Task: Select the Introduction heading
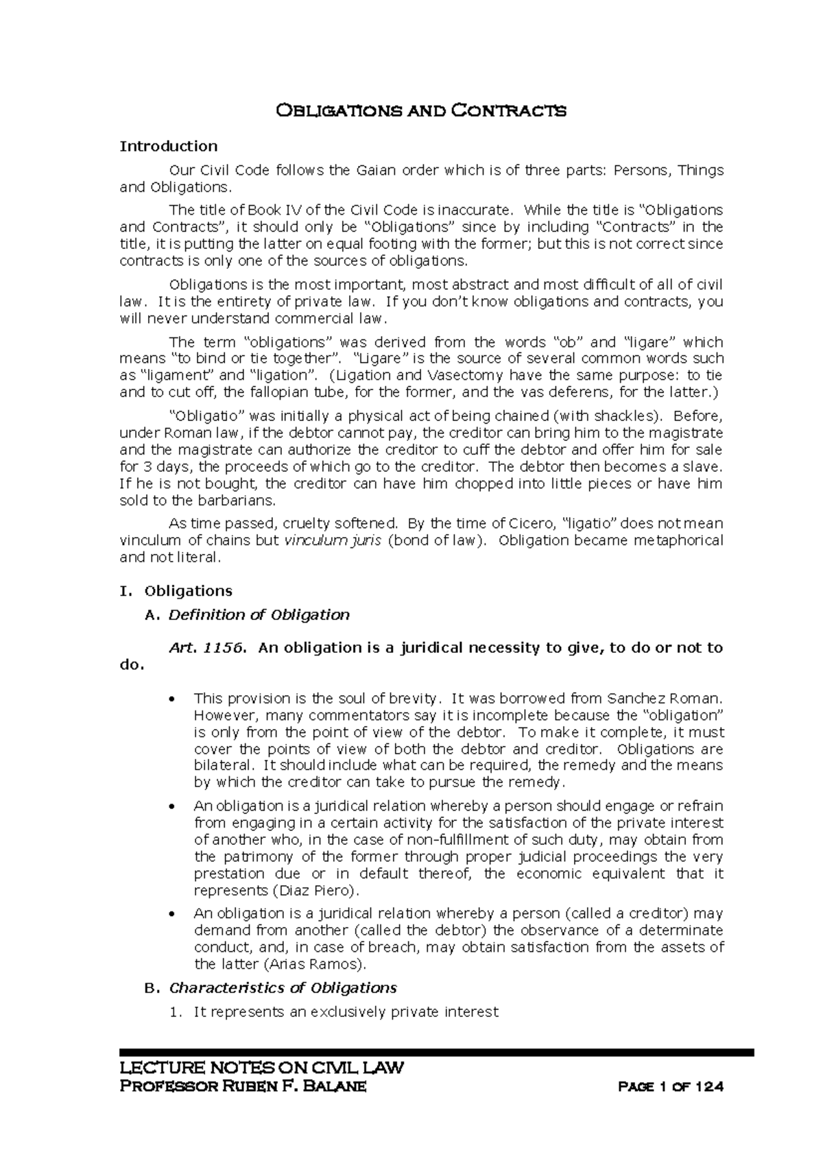pos(169,146)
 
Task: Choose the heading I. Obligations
pos(176,591)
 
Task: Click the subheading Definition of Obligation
pos(259,615)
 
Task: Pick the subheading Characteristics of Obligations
pos(283,988)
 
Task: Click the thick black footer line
pos(436,1052)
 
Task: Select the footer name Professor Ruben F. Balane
pos(243,1087)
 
